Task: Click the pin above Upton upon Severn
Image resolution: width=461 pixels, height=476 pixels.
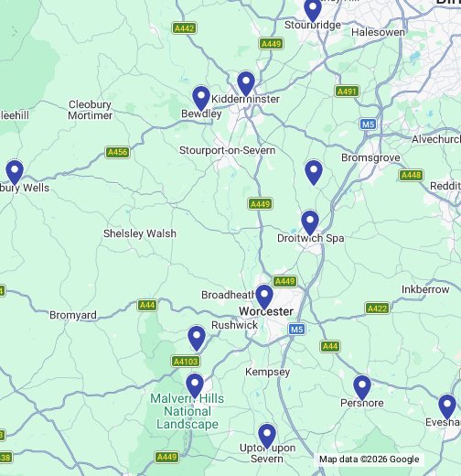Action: pyautogui.click(x=266, y=436)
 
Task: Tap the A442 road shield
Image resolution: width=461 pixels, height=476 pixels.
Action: pyautogui.click(x=185, y=28)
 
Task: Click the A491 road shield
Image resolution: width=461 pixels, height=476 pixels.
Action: pyautogui.click(x=347, y=92)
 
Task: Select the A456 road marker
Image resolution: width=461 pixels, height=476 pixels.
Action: pyautogui.click(x=117, y=152)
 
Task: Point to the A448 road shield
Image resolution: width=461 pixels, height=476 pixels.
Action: pyautogui.click(x=412, y=175)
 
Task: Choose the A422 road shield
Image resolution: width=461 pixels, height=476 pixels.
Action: pyautogui.click(x=377, y=308)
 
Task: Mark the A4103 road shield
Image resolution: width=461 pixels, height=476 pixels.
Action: pyautogui.click(x=186, y=362)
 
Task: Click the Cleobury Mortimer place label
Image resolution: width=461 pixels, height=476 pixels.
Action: pyautogui.click(x=91, y=110)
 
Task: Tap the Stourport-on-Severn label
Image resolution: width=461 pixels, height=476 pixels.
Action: pyautogui.click(x=227, y=150)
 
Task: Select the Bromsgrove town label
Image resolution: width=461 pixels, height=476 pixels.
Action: pyautogui.click(x=370, y=157)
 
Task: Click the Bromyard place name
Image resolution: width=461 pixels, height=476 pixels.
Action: pyautogui.click(x=73, y=315)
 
